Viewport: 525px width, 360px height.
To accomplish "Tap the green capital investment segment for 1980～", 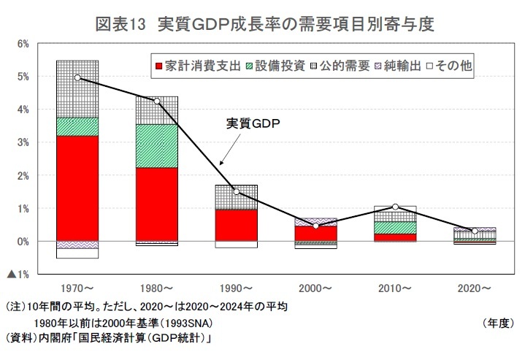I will [157, 146].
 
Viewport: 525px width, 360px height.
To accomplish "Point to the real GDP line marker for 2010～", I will [395, 207].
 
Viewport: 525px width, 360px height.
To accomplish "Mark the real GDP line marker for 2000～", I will [315, 226].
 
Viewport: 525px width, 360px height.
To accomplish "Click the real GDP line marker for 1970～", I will [77, 77].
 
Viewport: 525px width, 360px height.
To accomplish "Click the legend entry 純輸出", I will [398, 66].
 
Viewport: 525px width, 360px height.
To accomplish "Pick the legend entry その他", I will [448, 66].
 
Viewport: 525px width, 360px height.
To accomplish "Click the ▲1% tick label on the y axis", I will [18, 274].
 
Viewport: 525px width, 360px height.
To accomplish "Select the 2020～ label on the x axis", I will [475, 289].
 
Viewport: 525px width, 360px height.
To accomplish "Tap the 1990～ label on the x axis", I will [236, 289].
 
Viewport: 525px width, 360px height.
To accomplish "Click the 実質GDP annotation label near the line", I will [253, 124].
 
